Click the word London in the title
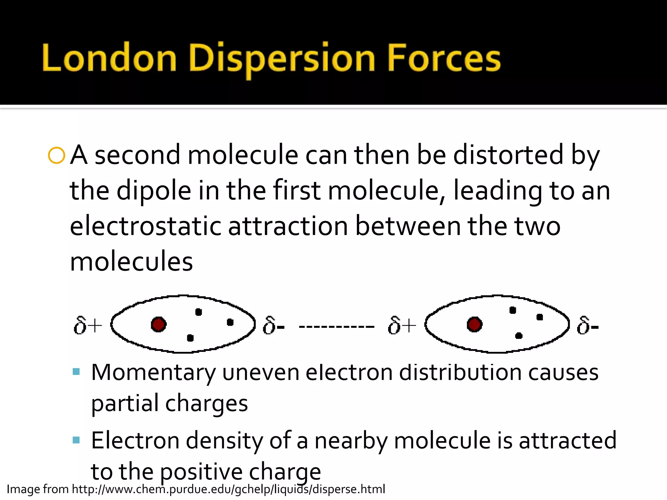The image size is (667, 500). (x=109, y=58)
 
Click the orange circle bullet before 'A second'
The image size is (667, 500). (x=56, y=156)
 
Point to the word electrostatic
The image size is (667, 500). (x=145, y=226)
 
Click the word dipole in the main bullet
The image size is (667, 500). (x=154, y=191)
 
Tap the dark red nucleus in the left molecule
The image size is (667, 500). (x=159, y=324)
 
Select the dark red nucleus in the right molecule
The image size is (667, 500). (x=474, y=324)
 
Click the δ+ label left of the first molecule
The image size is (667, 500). (x=87, y=325)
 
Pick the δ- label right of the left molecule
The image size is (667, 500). (x=274, y=325)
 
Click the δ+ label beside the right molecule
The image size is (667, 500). (x=402, y=325)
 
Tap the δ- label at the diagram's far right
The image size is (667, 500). (x=587, y=325)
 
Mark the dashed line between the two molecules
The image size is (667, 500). (x=336, y=326)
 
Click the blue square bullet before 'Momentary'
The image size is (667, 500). (x=76, y=372)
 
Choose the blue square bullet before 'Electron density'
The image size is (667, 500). (x=76, y=440)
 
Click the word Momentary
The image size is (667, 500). (x=153, y=373)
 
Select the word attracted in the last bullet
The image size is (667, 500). (x=567, y=440)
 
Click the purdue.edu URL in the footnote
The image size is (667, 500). (x=228, y=489)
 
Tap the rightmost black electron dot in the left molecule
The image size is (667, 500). (x=230, y=322)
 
